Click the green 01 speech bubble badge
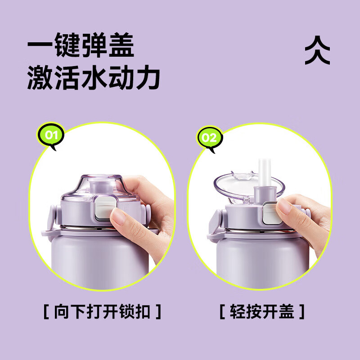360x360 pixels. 50,135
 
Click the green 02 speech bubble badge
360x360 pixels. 209,136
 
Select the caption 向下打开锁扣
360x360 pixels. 102,311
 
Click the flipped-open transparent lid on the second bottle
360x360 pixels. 234,183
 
